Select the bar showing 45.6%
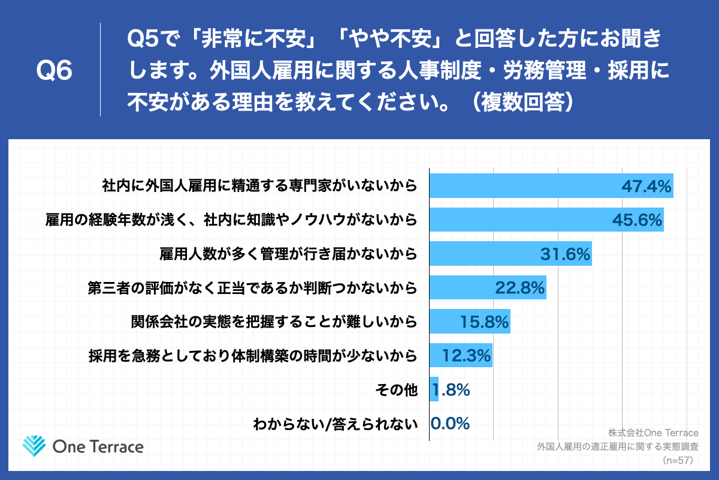[x=539, y=220]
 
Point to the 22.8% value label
[x=519, y=289]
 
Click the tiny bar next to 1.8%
[x=434, y=390]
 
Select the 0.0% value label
[x=450, y=424]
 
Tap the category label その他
[x=395, y=391]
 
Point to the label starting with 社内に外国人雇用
[x=259, y=187]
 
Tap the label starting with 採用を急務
[x=252, y=356]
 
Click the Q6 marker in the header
[x=54, y=71]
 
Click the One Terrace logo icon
[x=34, y=446]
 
